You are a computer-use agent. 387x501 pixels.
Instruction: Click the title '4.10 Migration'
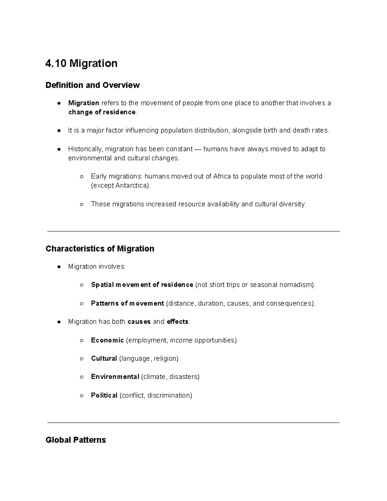click(x=81, y=63)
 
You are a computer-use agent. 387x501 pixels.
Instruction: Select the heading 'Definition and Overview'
click(x=93, y=85)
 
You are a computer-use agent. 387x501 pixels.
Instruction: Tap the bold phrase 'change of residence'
click(x=102, y=112)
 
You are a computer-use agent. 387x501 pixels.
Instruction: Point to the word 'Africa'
click(x=222, y=176)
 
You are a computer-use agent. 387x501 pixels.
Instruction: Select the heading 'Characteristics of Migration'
click(x=100, y=249)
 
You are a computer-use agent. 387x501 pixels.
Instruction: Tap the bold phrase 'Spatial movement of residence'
click(x=142, y=285)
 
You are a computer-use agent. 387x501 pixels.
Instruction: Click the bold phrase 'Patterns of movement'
click(x=127, y=304)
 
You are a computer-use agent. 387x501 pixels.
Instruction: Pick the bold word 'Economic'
click(x=107, y=340)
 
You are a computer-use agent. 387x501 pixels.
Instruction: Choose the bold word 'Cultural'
click(x=104, y=359)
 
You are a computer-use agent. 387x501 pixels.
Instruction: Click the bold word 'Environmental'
click(x=115, y=377)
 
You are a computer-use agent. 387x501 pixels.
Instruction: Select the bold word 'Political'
click(x=104, y=396)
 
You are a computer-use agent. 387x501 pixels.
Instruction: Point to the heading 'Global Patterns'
click(x=76, y=440)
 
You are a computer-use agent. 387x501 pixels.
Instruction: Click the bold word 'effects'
click(x=177, y=322)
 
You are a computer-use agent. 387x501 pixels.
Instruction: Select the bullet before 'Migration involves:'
click(x=59, y=267)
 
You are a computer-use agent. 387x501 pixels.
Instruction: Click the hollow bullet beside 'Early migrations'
click(x=82, y=177)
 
